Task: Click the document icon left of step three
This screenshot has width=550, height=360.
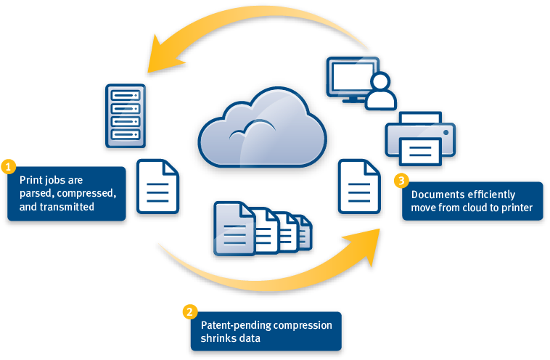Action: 358,184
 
